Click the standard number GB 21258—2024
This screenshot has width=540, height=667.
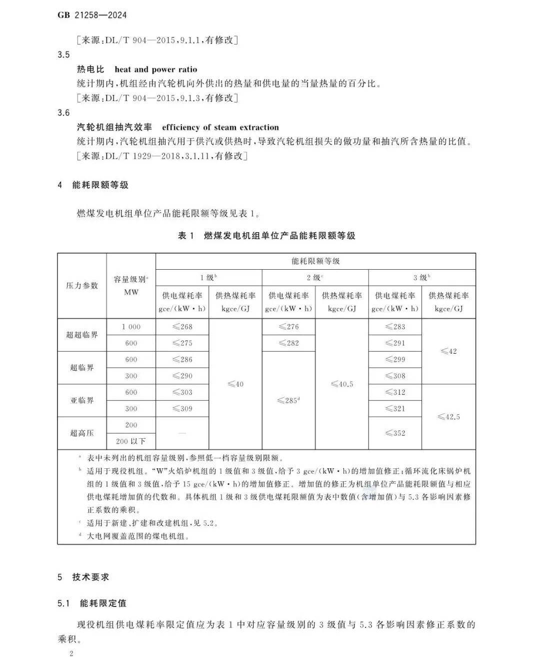click(92, 15)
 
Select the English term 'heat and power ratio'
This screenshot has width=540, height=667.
click(155, 70)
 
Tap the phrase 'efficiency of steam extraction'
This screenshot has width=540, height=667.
click(220, 127)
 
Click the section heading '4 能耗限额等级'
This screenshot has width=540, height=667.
click(93, 185)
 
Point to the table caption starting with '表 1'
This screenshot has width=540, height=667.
click(266, 236)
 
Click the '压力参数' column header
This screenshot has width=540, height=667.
click(82, 286)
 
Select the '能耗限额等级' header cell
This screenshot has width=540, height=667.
click(315, 261)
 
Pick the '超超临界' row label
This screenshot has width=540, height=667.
click(82, 335)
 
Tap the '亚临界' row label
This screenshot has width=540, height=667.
click(82, 400)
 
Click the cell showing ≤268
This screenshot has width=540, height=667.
click(182, 327)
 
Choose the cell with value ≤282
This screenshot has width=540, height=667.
click(288, 343)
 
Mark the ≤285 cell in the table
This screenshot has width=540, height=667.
click(288, 400)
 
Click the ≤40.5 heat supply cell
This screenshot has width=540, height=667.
click(342, 384)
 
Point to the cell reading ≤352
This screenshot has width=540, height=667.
click(395, 433)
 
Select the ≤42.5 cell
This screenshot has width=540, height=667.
click(448, 417)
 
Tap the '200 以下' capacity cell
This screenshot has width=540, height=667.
click(131, 441)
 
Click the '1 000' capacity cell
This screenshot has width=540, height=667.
click(131, 327)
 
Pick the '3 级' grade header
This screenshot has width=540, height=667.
click(421, 277)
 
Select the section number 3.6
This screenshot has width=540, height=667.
click(63, 113)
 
